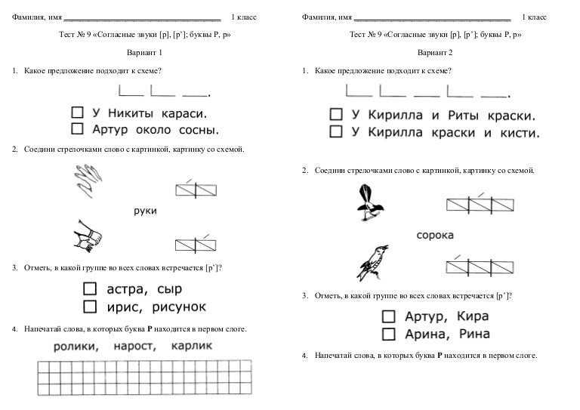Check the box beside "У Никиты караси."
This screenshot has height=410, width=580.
coord(76,113)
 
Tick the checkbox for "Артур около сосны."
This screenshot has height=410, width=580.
coord(76,129)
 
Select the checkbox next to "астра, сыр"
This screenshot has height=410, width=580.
coord(90,289)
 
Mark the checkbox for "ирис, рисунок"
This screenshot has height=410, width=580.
coord(90,307)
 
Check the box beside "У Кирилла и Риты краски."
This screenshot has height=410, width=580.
coord(335,116)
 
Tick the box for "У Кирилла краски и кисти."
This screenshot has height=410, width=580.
coord(335,134)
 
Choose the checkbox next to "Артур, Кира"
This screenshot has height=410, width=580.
coord(389,316)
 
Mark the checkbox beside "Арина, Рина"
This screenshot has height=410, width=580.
coord(389,333)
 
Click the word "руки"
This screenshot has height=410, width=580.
coord(143,211)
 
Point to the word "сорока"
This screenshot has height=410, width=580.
coord(435,235)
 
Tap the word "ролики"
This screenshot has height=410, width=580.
coord(76,347)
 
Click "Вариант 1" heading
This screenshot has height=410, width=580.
coord(143,54)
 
